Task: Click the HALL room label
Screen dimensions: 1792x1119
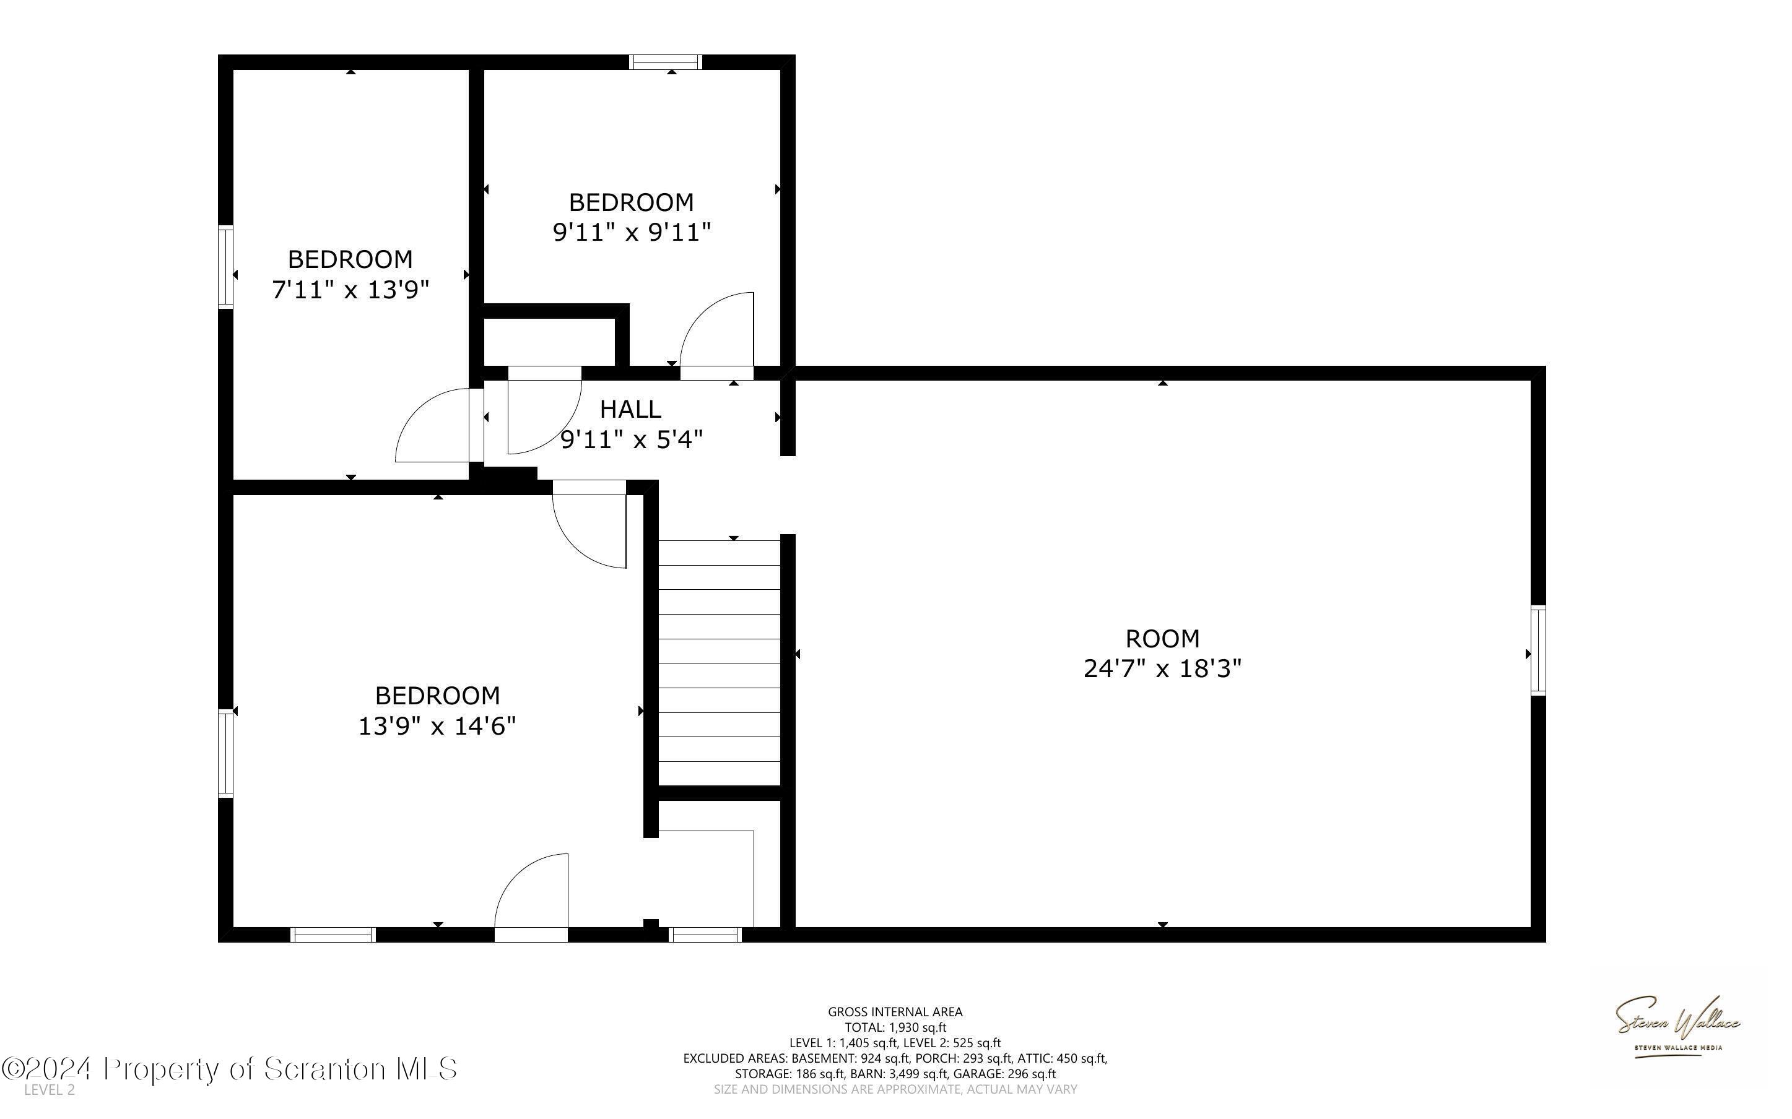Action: click(x=630, y=408)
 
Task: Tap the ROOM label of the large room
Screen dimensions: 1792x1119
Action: click(x=1162, y=638)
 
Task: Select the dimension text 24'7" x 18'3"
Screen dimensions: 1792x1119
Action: click(x=1162, y=669)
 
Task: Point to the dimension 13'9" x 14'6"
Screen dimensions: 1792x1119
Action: click(x=437, y=726)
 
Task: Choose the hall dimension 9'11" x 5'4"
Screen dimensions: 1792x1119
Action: click(x=630, y=439)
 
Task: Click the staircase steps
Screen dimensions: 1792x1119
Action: click(x=720, y=662)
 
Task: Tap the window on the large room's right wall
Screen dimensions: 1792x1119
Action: click(x=1538, y=650)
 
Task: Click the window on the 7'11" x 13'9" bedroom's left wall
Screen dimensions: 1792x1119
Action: click(x=225, y=266)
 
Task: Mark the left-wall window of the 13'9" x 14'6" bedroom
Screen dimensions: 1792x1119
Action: click(x=225, y=753)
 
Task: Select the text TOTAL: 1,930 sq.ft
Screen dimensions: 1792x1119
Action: click(x=895, y=1027)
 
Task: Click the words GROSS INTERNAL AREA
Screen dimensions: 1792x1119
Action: click(x=895, y=1012)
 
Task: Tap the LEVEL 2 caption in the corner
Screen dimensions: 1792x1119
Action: click(x=50, y=1089)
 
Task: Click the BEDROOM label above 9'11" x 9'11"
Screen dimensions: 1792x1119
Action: click(x=630, y=202)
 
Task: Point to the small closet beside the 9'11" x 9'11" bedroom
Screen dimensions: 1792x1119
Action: click(x=549, y=341)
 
